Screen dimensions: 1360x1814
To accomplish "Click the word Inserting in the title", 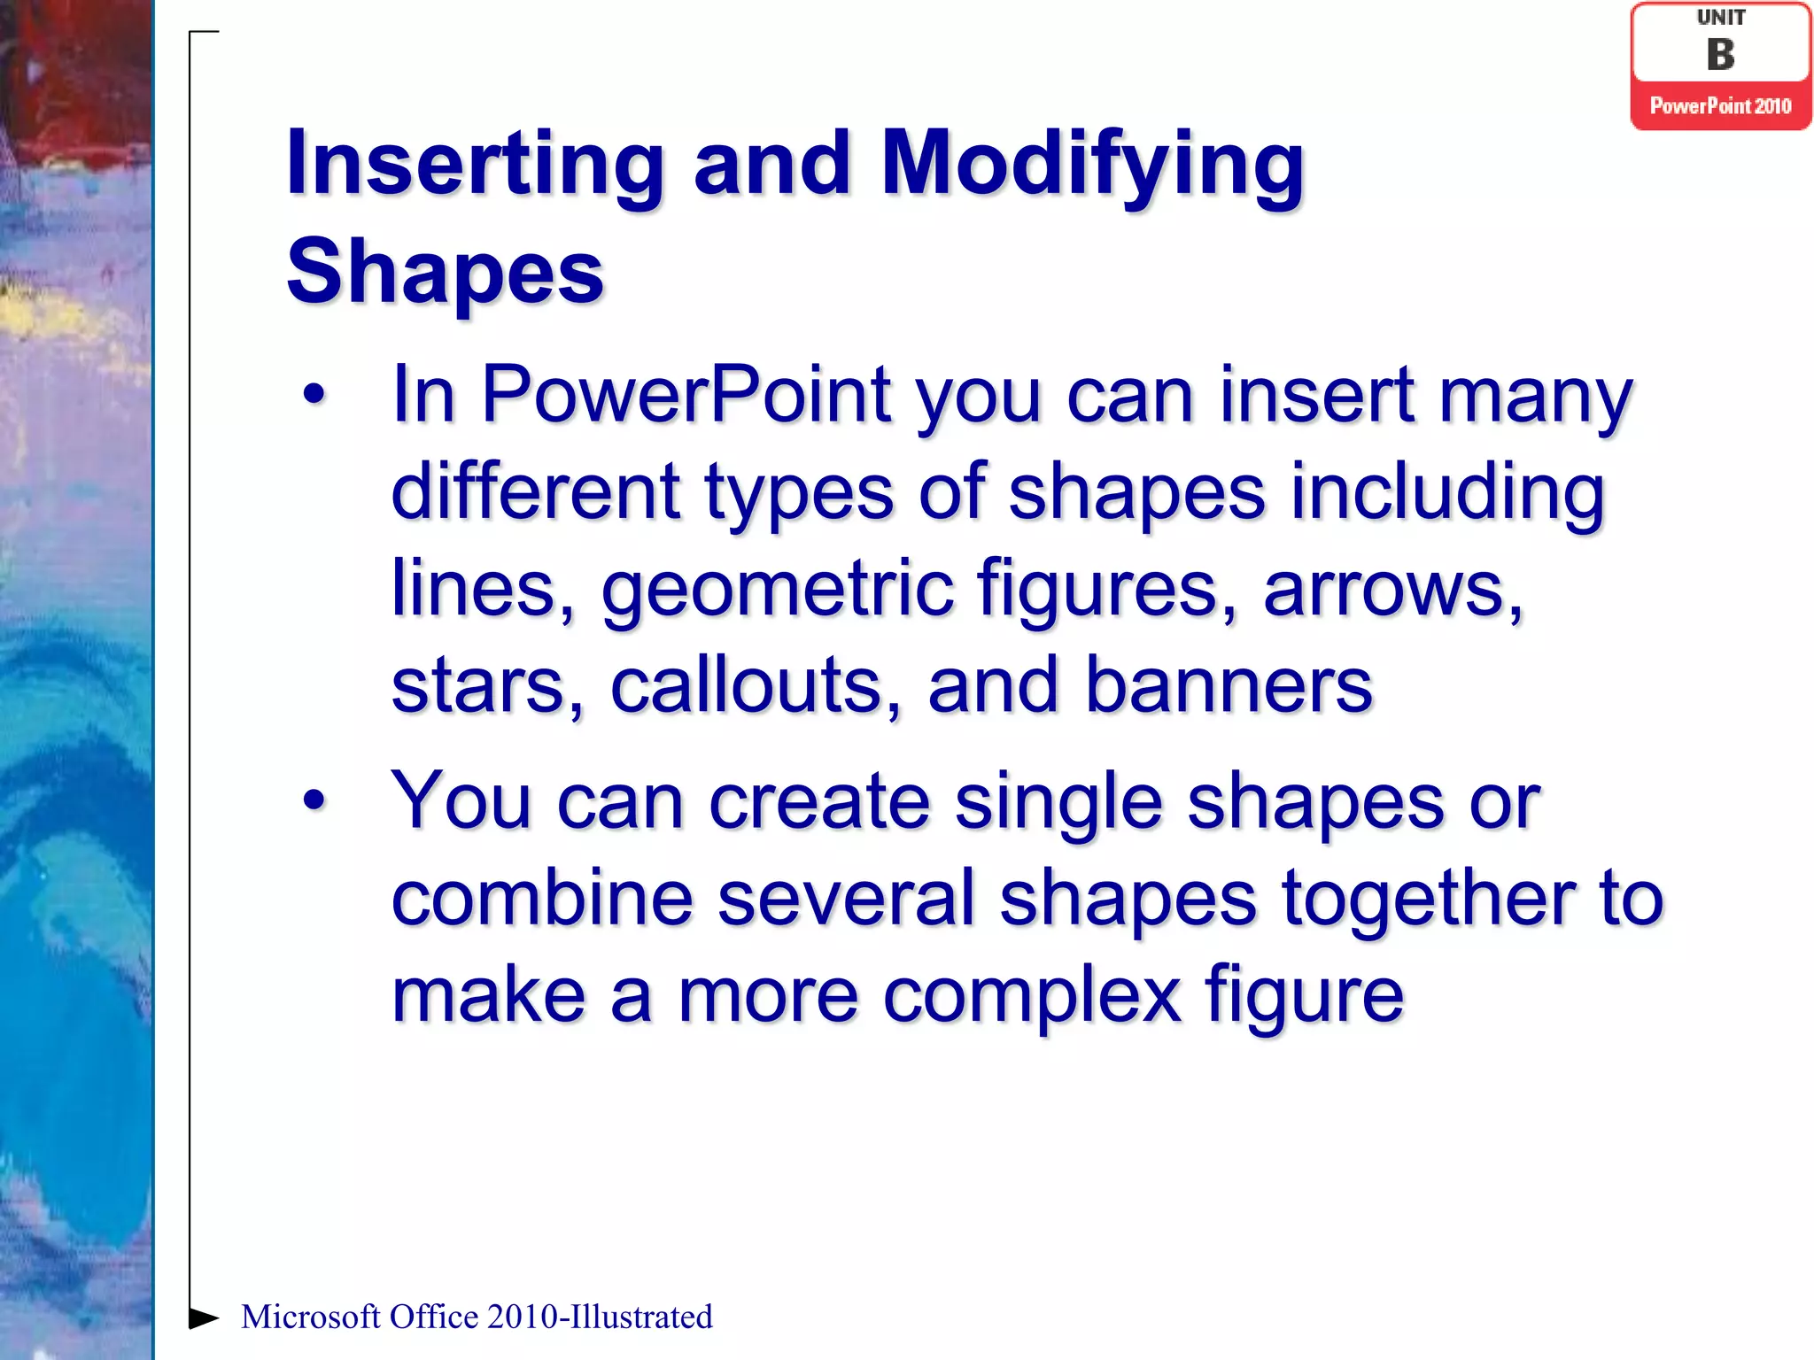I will point(475,165).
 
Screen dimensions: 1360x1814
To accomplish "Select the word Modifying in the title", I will point(1091,165).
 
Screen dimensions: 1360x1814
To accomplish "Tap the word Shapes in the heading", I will point(445,273).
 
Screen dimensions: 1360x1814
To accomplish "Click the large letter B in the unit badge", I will point(1720,55).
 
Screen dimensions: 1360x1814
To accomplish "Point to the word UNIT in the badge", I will point(1720,18).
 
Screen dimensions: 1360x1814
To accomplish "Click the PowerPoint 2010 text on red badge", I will point(1720,106).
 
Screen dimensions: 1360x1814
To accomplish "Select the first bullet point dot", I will point(314,395).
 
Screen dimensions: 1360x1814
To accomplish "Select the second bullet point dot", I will point(314,800).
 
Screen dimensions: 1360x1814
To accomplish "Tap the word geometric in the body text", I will point(778,590).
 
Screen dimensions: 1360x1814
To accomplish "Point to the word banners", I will point(1229,685).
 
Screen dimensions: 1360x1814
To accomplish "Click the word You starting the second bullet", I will point(461,800).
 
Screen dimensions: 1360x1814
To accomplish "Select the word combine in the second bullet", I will point(541,898).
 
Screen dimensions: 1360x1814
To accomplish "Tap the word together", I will point(1427,900).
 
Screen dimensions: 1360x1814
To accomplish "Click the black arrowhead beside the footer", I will point(203,1317).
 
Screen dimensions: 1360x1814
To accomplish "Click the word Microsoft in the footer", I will point(311,1317).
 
